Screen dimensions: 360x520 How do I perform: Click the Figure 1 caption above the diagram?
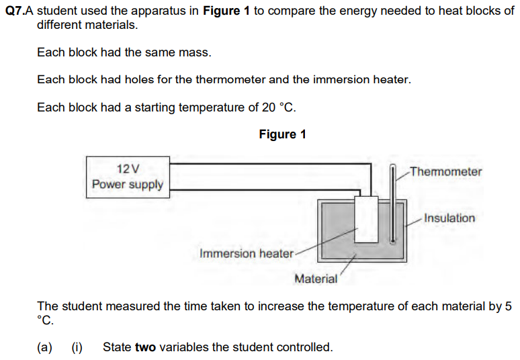(x=282, y=134)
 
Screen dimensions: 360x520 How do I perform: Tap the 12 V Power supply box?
(x=128, y=176)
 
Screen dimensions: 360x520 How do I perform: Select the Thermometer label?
(x=445, y=171)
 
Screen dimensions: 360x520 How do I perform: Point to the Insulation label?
(x=449, y=218)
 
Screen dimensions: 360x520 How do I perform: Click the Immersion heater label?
(x=247, y=253)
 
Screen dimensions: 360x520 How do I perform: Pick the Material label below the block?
(x=316, y=279)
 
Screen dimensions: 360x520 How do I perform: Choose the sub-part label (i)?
(x=77, y=347)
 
